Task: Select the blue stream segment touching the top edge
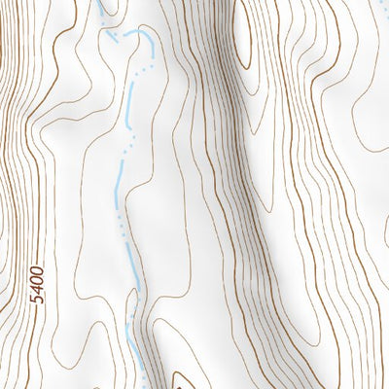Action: coord(101,8)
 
